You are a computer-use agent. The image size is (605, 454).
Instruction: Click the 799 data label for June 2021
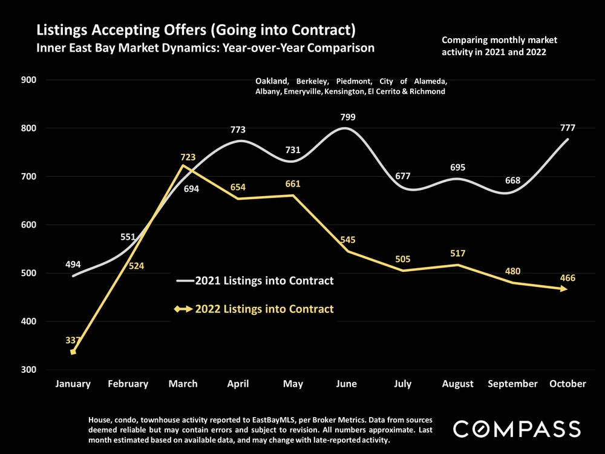347,117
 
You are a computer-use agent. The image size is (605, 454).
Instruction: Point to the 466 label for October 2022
567,278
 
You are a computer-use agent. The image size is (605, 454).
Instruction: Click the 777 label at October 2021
567,128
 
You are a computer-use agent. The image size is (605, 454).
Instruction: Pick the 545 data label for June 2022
347,240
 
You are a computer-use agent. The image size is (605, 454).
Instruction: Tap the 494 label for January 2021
73,265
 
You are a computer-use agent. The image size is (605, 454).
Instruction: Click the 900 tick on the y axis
29,80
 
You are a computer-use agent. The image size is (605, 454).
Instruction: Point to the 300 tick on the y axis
29,370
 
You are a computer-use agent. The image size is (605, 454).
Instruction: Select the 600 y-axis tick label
29,225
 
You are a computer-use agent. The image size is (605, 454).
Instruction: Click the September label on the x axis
513,384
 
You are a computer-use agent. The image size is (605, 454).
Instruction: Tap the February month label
128,384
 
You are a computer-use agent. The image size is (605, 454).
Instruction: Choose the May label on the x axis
293,384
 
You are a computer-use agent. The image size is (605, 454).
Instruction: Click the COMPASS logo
517,429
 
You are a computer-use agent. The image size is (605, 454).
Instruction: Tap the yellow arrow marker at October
563,289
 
